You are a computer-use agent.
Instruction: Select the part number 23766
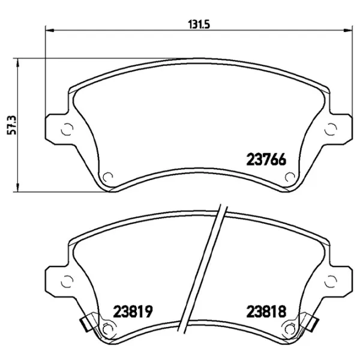tap(266, 160)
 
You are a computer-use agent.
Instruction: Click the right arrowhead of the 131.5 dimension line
tap(349, 31)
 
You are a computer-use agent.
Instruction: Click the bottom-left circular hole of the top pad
tap(109, 176)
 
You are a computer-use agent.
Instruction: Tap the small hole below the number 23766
tap(289, 176)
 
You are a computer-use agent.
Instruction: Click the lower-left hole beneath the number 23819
tap(109, 328)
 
